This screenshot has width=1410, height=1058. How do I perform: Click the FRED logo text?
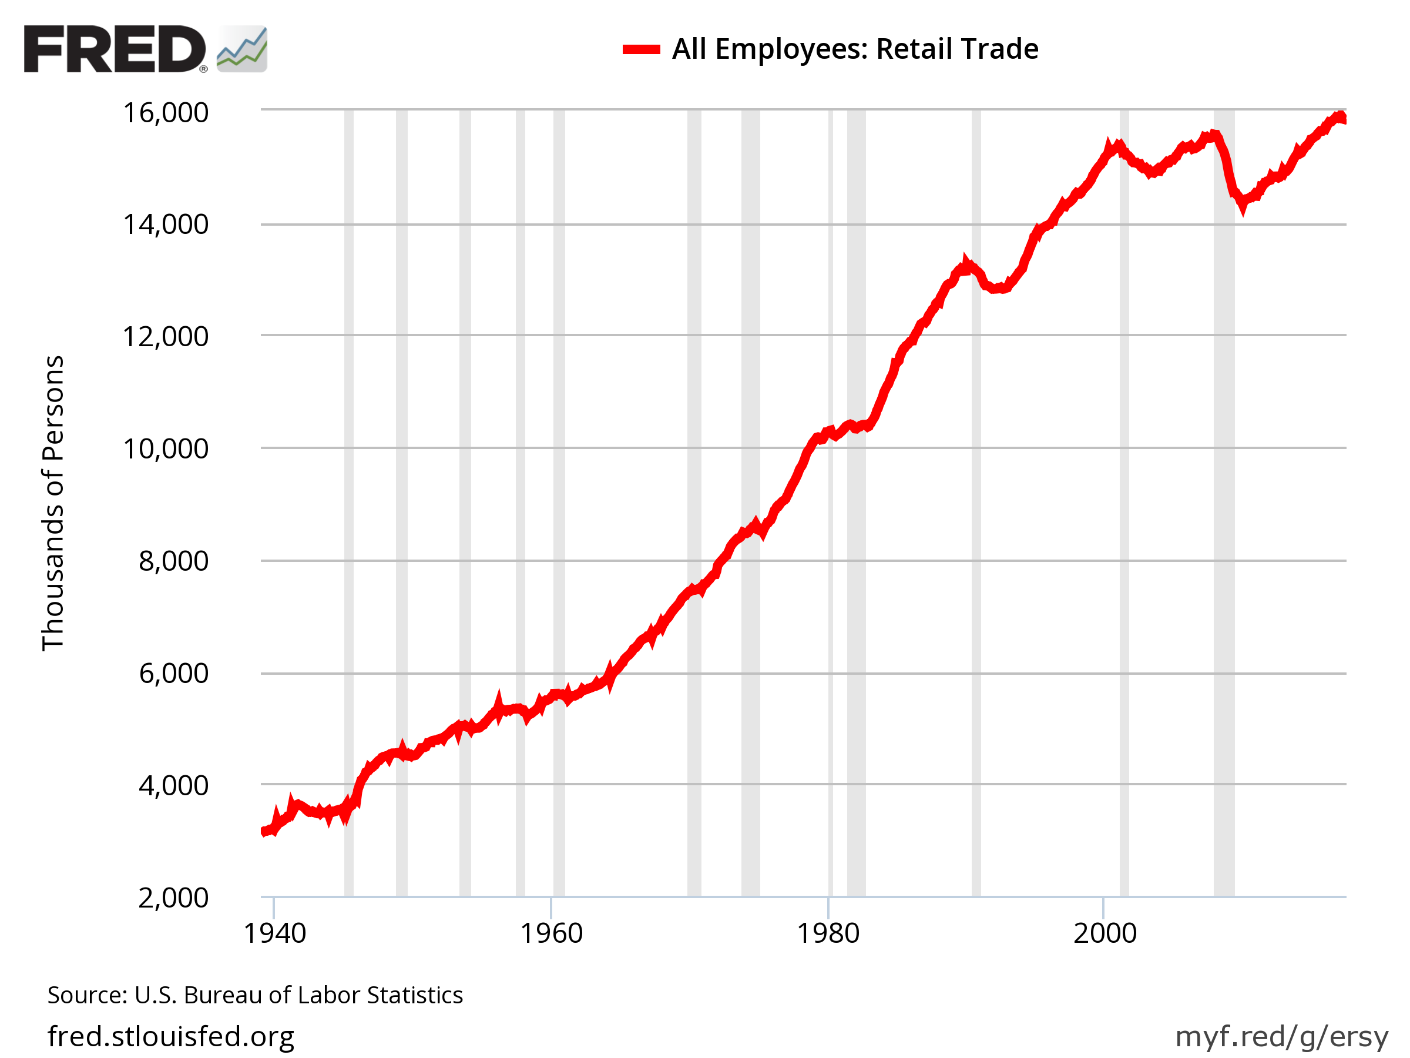(115, 49)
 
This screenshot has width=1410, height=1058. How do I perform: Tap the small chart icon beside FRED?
(241, 49)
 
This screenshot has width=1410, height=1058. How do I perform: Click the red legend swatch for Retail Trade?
(640, 50)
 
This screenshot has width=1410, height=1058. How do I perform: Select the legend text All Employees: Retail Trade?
(855, 49)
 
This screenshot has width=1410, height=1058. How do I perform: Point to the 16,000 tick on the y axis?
(165, 113)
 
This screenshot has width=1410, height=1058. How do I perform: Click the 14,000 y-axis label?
(165, 225)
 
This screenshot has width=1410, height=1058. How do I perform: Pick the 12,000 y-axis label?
(165, 337)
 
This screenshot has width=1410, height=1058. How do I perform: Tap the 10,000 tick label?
(165, 449)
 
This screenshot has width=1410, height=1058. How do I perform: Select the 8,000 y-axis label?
(173, 561)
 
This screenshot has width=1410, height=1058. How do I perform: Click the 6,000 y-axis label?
(173, 674)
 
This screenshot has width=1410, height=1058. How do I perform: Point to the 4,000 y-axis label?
(173, 786)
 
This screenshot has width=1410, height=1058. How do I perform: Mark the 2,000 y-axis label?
(173, 898)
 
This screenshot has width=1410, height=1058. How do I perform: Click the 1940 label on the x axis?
(275, 933)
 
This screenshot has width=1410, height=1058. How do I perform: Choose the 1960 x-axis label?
(552, 933)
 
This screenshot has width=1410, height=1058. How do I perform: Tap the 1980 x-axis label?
(828, 933)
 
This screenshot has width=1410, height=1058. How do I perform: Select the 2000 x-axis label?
(1104, 933)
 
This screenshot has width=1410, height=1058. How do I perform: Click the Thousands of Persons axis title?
(53, 503)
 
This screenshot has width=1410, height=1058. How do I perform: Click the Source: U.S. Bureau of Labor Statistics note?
(255, 995)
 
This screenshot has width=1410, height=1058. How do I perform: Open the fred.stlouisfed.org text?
(171, 1036)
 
